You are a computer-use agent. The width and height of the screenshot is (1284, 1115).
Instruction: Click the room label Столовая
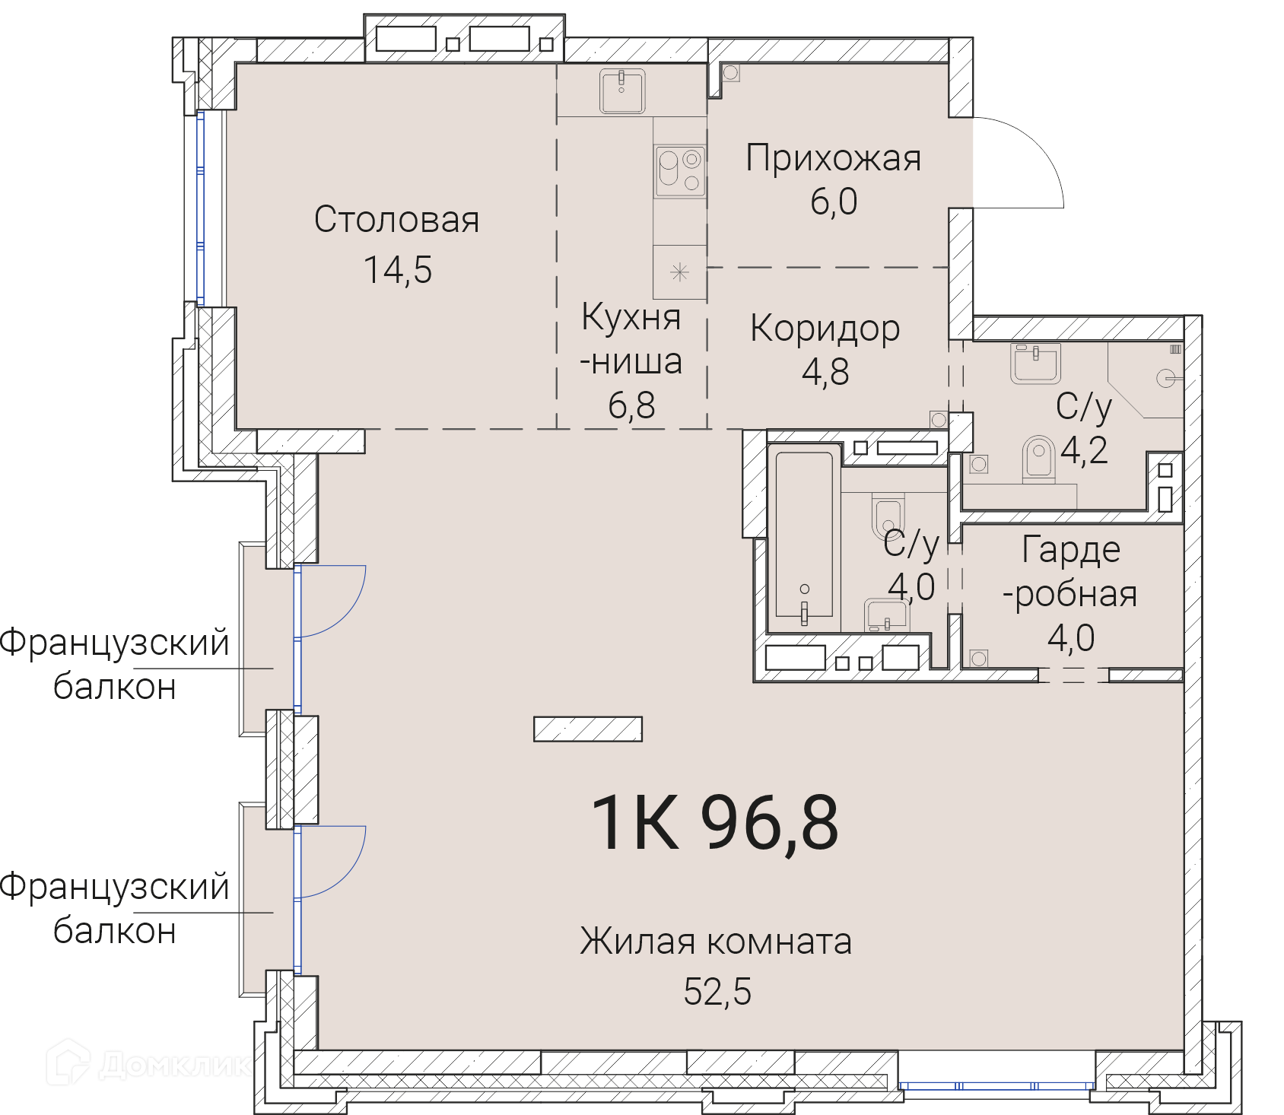click(396, 220)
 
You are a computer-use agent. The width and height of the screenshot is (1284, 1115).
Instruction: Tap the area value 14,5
click(398, 270)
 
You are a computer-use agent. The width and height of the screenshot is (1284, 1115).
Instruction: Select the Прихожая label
click(833, 158)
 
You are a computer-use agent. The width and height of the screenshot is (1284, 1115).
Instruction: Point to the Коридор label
click(825, 329)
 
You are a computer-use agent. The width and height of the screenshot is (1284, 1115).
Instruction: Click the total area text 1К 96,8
click(715, 822)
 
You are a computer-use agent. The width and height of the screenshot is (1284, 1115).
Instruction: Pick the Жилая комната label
click(716, 942)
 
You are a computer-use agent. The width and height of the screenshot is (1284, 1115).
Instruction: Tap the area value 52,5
click(717, 992)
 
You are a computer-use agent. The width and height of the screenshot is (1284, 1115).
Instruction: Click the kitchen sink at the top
click(622, 91)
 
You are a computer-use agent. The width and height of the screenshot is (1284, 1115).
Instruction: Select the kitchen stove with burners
click(679, 171)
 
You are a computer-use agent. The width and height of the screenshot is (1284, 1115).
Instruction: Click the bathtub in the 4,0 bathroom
click(804, 535)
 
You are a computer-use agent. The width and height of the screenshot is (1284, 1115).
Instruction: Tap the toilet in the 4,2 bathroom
click(1038, 459)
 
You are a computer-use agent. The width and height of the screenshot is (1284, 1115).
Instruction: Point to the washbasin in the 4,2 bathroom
click(1035, 364)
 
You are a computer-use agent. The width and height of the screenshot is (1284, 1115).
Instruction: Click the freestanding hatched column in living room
click(588, 729)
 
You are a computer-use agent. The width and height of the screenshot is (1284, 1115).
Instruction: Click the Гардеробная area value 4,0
click(1071, 638)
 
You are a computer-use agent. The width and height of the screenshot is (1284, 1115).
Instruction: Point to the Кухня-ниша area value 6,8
click(631, 405)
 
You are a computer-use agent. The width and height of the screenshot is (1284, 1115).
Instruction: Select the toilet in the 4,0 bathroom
click(887, 518)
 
